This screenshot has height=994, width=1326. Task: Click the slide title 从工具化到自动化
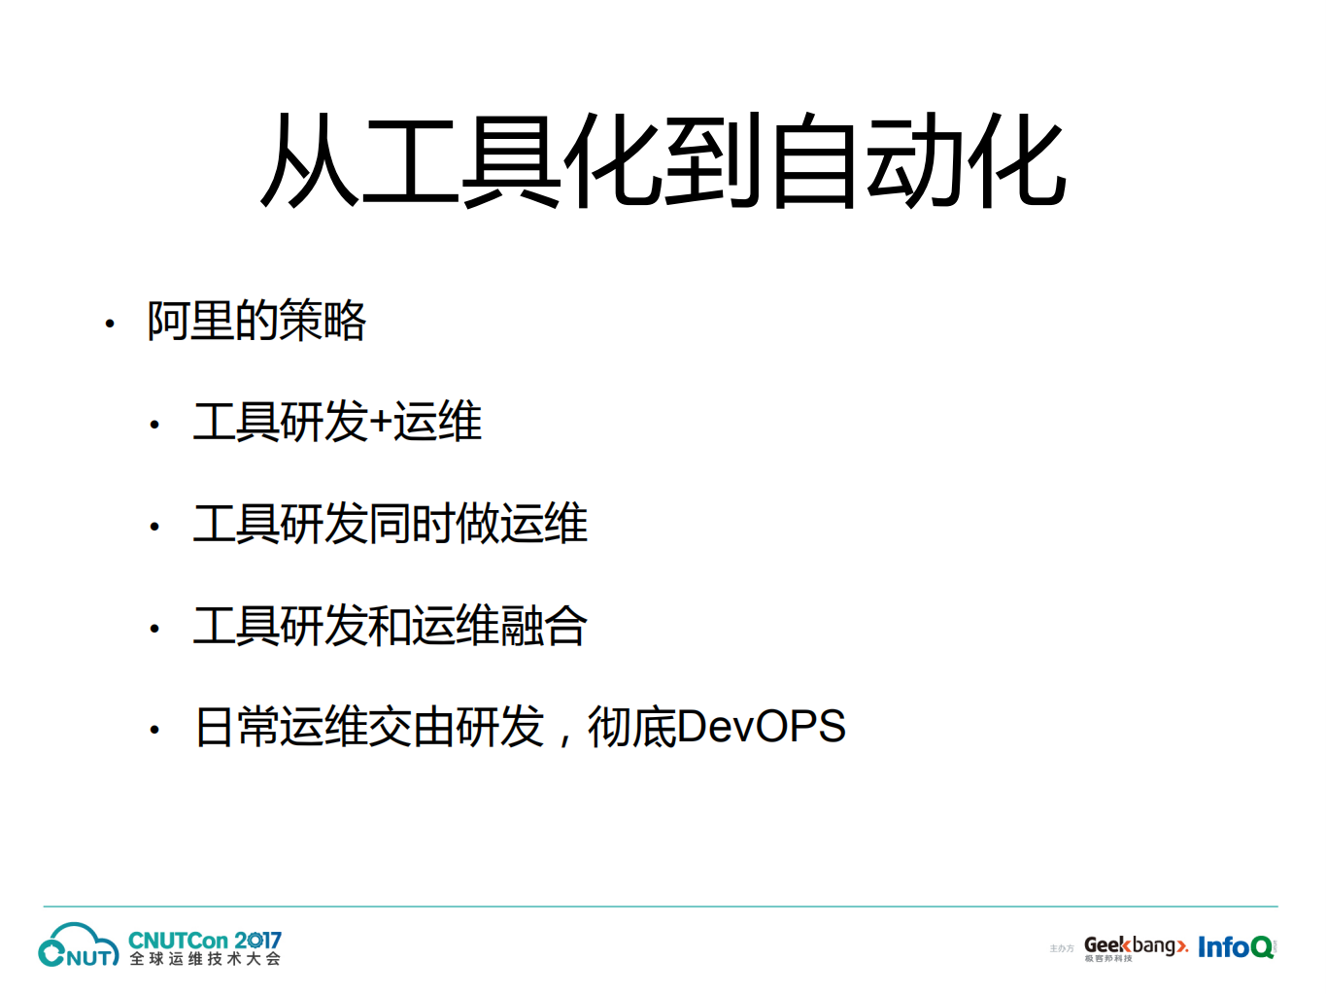(663, 161)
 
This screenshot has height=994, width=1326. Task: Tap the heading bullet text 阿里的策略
(256, 321)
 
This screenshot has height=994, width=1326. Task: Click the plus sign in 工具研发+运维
(380, 423)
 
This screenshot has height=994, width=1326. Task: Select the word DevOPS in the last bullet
(761, 727)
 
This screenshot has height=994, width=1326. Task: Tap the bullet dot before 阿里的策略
(110, 324)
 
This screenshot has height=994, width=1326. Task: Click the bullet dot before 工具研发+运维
(154, 425)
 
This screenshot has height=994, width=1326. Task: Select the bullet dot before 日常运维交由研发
(154, 730)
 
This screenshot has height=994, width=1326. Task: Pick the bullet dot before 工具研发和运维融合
(154, 629)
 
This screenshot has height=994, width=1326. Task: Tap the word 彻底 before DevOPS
(631, 727)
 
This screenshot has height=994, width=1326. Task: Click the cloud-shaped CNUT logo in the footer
(78, 945)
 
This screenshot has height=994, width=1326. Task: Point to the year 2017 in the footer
(257, 940)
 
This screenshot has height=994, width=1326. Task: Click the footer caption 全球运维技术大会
(205, 959)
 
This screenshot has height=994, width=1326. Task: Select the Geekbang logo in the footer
(1135, 946)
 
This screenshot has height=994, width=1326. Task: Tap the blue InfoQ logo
(1235, 946)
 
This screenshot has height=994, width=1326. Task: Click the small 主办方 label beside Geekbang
(1061, 948)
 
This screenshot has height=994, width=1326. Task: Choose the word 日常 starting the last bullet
(237, 727)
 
